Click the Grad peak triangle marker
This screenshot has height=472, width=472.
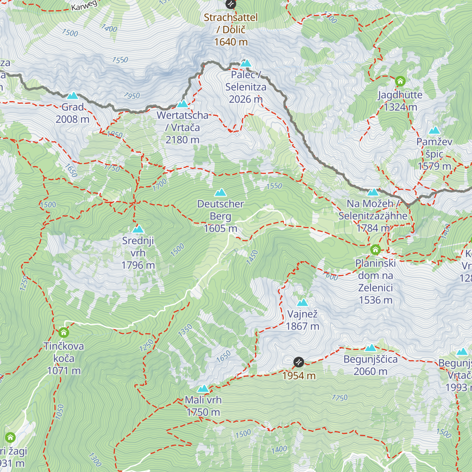(72, 96)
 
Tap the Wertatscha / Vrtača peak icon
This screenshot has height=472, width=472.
(183, 104)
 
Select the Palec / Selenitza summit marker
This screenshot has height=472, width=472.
(246, 63)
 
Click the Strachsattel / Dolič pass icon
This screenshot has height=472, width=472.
(230, 4)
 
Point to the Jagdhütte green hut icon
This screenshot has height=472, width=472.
(400, 81)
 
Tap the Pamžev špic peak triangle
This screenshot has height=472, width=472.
(434, 131)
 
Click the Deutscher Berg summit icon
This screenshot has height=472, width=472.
(220, 192)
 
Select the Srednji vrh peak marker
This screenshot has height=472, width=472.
(138, 229)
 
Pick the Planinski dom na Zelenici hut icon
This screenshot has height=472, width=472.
(375, 249)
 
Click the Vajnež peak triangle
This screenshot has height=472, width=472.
(302, 302)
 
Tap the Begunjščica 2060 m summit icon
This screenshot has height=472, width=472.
(371, 348)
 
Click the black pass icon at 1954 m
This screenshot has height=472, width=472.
(299, 362)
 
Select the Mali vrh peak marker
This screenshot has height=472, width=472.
(203, 389)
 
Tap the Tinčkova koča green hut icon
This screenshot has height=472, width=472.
(64, 333)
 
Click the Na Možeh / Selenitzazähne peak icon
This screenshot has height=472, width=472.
(372, 192)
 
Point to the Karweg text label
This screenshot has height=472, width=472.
(84, 6)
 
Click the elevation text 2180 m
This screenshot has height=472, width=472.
(183, 140)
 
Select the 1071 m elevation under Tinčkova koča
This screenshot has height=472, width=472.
(64, 371)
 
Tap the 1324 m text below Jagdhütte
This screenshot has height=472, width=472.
(400, 107)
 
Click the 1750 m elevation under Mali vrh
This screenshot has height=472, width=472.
(203, 412)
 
